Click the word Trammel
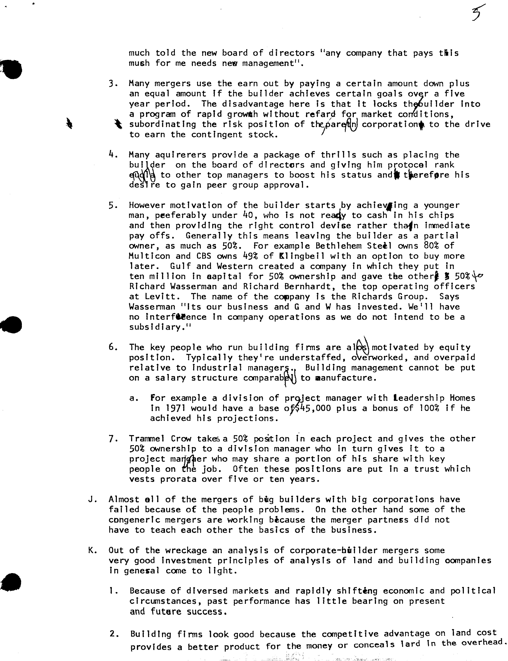(x=147, y=439)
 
